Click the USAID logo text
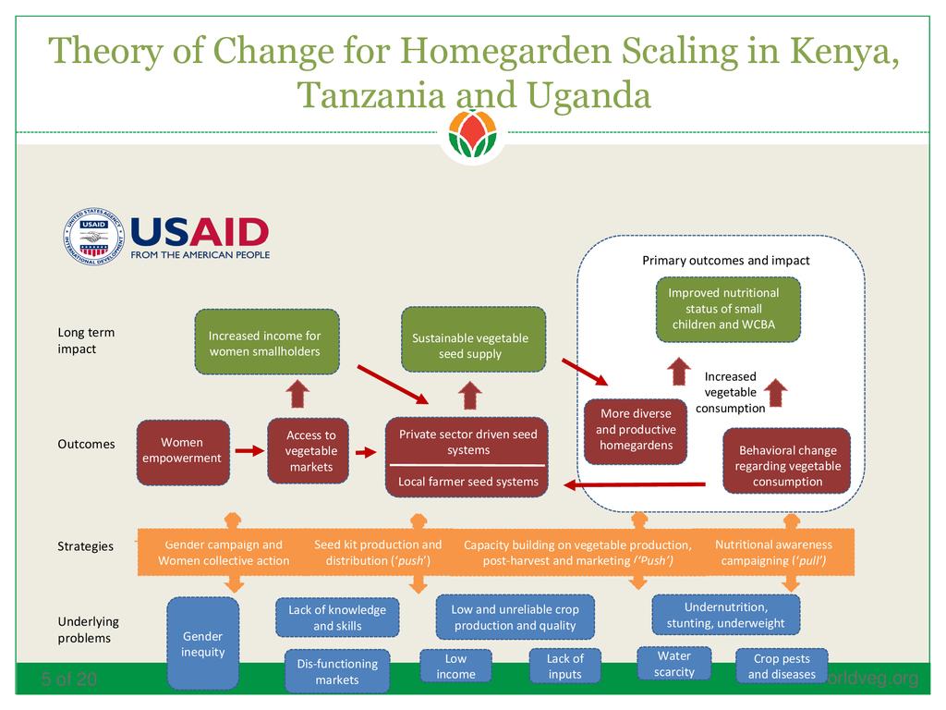pos(200,231)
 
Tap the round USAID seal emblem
pos(93,237)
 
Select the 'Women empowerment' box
pos(183,452)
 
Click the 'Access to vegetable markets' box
pos(310,451)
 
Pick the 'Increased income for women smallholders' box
pos(266,342)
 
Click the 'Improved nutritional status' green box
pos(728,309)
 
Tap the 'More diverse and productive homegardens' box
pos(636,430)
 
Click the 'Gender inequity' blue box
pos(202,643)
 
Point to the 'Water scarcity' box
pos(673,664)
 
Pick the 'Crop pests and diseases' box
pos(782,666)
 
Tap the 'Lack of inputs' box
pos(564,666)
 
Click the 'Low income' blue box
pos(455,666)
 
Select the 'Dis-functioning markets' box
pos(337,671)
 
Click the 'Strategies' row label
pos(85,546)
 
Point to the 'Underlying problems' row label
pos(88,630)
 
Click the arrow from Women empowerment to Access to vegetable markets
pos(249,451)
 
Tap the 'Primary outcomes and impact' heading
pos(725,261)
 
